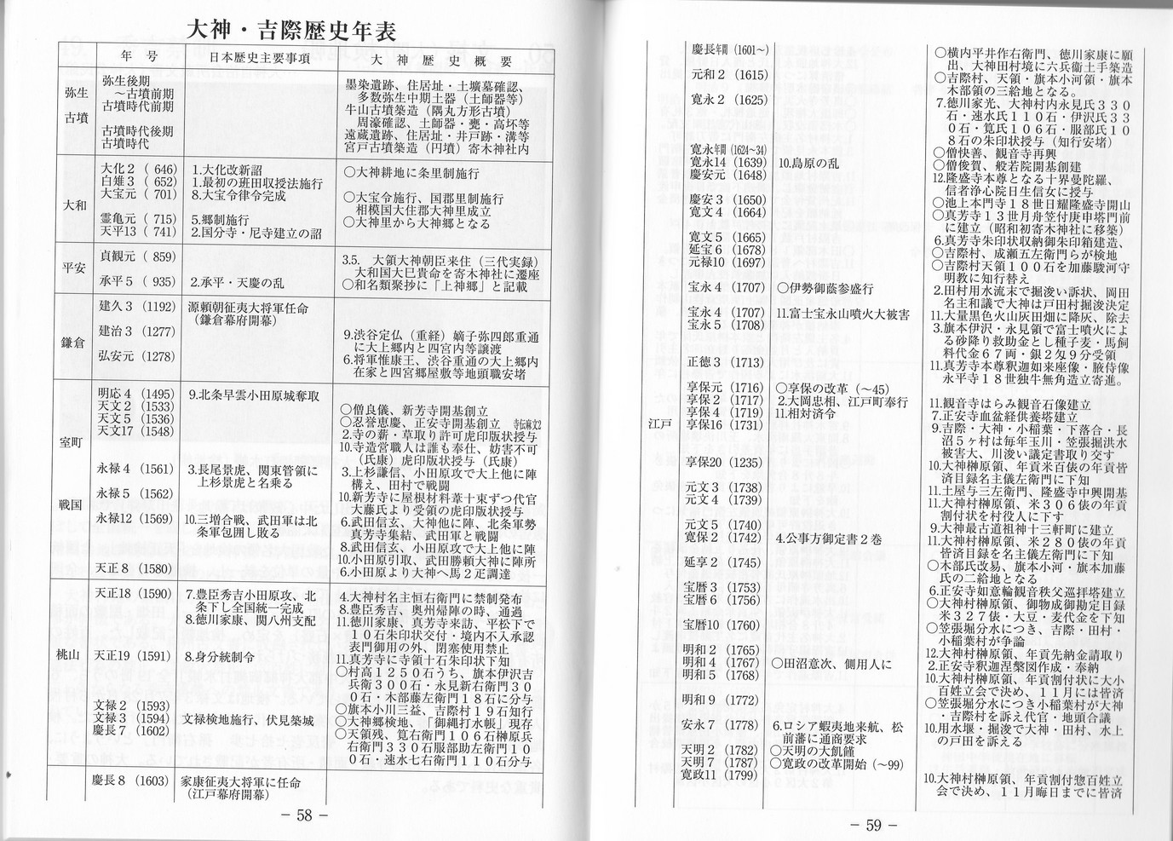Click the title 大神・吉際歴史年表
point(290,32)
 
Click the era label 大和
point(75,204)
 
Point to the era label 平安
point(75,266)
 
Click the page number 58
point(304,814)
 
